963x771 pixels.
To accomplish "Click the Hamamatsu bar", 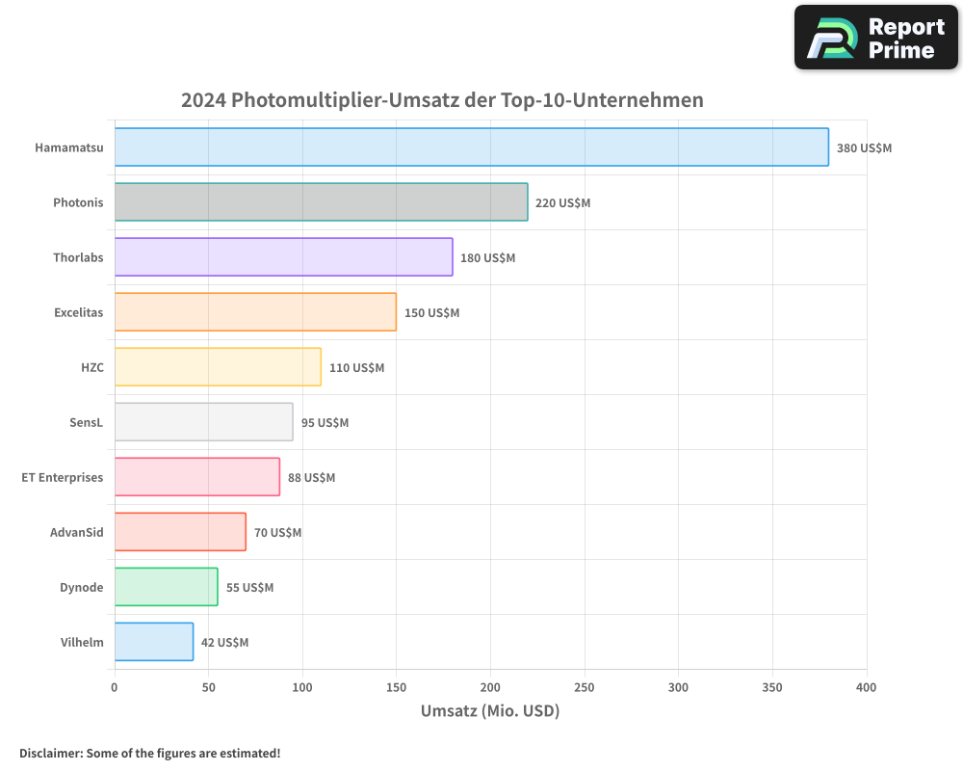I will click(x=471, y=147).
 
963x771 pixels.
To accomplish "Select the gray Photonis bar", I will click(x=321, y=202).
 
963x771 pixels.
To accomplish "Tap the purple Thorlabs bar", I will click(x=283, y=257).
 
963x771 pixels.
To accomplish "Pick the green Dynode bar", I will click(x=166, y=587).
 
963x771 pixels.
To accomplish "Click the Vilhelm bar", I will click(x=154, y=642).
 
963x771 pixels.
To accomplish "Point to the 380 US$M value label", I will click(x=864, y=148).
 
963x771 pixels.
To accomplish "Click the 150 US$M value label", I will click(x=431, y=313).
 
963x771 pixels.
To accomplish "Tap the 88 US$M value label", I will click(x=311, y=478).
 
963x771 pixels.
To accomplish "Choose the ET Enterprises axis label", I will click(x=63, y=477).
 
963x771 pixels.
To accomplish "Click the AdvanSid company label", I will click(x=76, y=532).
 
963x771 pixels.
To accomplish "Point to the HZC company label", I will click(x=91, y=367).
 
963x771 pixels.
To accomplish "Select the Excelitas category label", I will click(x=78, y=312).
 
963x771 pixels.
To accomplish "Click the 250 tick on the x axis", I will click(x=585, y=688).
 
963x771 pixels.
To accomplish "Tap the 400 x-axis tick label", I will click(x=866, y=688).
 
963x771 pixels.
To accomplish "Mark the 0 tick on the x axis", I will click(x=115, y=688).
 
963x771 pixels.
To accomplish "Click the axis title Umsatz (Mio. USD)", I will click(x=489, y=711).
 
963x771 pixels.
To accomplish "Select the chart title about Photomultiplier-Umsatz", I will click(x=442, y=100).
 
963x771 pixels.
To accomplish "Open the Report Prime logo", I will click(x=876, y=38).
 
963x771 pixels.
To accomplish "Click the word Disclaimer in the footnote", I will click(x=50, y=753).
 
